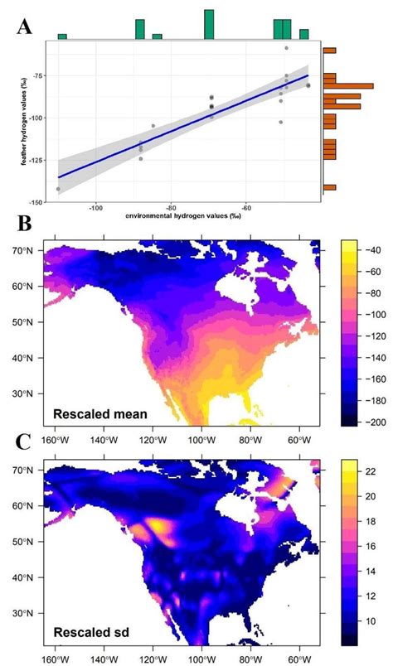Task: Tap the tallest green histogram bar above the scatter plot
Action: [x=209, y=24]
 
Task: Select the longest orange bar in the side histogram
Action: [x=337, y=85]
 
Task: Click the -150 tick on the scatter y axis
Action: [x=40, y=202]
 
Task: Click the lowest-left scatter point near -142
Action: [x=57, y=189]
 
